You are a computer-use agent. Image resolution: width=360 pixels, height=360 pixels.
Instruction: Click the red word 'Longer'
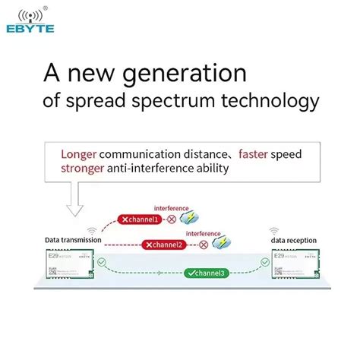(x=80, y=154)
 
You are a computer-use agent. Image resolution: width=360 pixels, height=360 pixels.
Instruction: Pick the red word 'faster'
(x=256, y=154)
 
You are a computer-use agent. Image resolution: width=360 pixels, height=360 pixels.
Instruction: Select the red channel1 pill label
(x=141, y=219)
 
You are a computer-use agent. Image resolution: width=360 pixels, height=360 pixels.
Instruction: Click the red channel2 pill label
(x=164, y=245)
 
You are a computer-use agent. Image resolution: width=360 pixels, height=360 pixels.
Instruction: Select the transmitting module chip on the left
(x=68, y=262)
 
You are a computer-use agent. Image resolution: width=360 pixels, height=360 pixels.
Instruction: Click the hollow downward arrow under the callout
(x=77, y=200)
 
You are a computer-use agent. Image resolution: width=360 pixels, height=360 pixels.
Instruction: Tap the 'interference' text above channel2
(x=203, y=233)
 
